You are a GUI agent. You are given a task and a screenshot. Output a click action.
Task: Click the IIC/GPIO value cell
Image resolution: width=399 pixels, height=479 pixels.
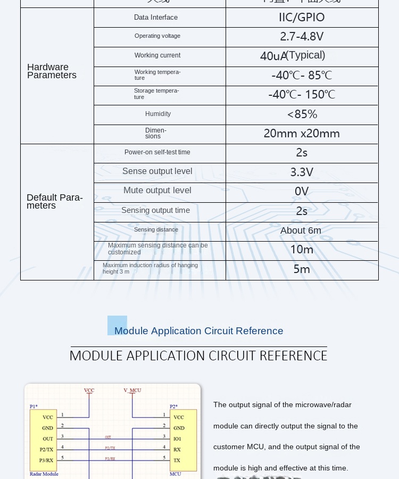302,18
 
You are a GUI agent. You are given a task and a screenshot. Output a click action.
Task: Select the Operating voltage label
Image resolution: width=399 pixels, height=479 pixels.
157,36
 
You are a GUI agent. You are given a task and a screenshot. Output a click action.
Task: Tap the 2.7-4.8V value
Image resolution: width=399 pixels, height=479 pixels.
302,37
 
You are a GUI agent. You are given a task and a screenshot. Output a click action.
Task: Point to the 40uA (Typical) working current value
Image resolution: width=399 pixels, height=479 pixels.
293,56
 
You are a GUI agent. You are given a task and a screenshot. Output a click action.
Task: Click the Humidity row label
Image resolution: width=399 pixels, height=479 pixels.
158,114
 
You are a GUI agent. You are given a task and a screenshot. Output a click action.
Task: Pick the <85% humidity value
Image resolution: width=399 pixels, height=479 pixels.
302,114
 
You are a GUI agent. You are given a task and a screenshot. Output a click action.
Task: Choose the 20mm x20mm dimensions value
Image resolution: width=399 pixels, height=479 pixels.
302,134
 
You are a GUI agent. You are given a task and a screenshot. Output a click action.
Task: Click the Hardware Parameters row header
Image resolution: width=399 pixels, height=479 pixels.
52,71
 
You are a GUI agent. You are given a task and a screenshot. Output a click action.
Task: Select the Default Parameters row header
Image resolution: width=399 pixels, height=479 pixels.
55,202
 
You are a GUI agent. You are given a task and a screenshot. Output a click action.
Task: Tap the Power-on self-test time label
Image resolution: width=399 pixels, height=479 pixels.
157,152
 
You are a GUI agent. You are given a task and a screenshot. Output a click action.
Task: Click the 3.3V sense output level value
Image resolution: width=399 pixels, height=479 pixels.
302,172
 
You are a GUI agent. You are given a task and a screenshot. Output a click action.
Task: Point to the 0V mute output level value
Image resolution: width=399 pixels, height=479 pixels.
302,192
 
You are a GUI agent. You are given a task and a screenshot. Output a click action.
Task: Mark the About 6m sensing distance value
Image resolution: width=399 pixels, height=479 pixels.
301,230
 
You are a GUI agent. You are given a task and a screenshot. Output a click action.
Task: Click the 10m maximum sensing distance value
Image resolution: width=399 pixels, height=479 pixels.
302,250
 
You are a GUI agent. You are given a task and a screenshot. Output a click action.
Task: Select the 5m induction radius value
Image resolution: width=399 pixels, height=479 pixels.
302,269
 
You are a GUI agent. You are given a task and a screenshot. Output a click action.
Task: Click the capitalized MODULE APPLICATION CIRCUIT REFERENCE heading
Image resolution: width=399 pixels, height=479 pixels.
198,356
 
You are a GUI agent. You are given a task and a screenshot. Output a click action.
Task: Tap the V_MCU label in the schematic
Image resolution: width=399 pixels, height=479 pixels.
132,390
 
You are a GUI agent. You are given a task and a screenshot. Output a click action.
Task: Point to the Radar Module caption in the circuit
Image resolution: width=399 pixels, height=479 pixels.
44,474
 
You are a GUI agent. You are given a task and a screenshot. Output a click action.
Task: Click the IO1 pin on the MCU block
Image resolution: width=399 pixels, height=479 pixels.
177,439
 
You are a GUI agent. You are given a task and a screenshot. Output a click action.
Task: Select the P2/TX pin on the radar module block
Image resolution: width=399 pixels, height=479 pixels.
46,450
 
